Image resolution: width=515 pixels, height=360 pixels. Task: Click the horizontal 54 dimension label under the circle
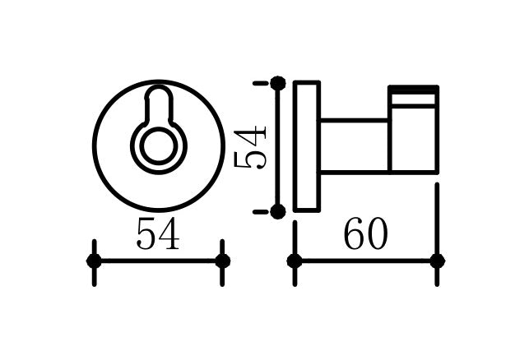(158, 233)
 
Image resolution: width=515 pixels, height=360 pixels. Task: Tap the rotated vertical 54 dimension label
(249, 148)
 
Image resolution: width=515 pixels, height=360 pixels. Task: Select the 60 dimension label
(365, 233)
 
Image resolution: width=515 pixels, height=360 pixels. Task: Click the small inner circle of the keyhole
(159, 146)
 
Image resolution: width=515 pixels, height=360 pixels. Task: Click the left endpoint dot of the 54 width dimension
(94, 261)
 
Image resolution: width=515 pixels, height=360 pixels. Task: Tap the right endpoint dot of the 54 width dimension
(223, 261)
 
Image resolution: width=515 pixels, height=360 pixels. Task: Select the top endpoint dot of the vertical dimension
(278, 83)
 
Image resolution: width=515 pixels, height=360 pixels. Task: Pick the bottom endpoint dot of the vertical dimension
(278, 211)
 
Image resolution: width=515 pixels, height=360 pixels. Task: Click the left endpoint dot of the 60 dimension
(295, 261)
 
